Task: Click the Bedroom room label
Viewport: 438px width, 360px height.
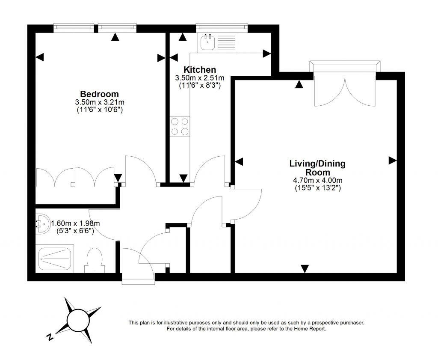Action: (x=99, y=94)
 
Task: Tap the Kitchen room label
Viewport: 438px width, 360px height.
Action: (x=199, y=70)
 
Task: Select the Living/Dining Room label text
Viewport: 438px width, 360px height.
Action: (x=317, y=167)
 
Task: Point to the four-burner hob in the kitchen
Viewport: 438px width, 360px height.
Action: (x=180, y=127)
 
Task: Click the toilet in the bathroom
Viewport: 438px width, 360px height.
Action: (x=95, y=260)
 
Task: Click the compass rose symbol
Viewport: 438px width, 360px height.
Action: (x=77, y=319)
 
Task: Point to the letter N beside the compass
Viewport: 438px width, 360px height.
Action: (x=50, y=337)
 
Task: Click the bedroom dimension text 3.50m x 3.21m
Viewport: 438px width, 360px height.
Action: (x=99, y=102)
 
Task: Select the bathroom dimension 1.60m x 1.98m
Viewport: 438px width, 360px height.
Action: (x=75, y=223)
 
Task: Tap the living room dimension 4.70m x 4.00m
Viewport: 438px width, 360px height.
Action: (x=317, y=180)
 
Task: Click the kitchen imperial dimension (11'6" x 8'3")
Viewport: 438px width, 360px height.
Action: (x=199, y=85)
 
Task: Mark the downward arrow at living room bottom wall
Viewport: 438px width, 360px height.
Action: (x=305, y=268)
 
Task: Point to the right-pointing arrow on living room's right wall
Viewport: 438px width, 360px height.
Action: (x=392, y=161)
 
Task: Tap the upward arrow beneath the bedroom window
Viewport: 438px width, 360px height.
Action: (x=115, y=37)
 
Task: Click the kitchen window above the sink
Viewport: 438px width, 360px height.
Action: (x=222, y=27)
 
